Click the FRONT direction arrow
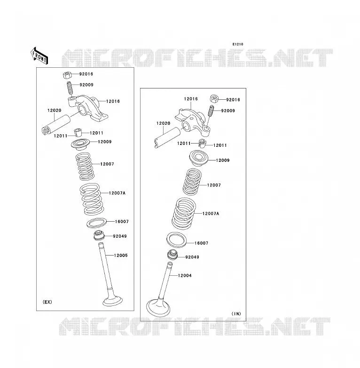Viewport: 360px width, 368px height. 39,56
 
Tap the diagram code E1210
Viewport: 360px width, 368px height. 238,44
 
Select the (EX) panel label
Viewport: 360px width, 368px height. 47,302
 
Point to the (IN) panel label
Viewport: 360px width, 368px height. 236,314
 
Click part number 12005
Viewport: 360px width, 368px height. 121,256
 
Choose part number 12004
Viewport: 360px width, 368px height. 185,276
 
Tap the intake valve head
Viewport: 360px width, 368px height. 158,308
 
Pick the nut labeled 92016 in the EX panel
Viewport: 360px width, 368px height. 67,75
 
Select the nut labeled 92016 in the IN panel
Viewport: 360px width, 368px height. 214,98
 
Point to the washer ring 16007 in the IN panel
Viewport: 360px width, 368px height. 177,240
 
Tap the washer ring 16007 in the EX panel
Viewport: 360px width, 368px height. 96,223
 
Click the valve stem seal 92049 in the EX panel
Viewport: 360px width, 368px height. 99,236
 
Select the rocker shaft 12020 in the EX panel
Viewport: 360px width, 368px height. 56,125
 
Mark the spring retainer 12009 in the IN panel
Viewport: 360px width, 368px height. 199,158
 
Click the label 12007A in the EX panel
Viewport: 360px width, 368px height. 117,193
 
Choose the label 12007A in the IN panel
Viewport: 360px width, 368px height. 211,214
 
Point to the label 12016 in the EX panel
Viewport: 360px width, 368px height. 113,101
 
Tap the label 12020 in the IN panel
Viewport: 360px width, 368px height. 164,123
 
